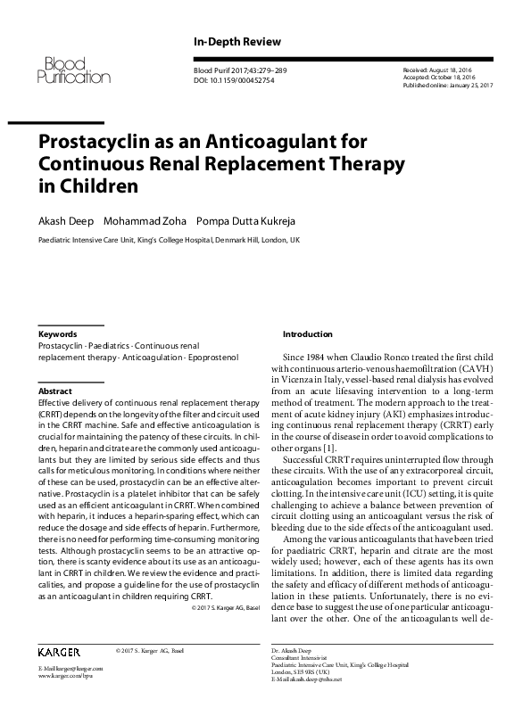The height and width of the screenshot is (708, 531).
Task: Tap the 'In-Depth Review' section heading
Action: click(x=236, y=42)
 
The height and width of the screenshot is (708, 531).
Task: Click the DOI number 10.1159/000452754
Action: click(x=241, y=79)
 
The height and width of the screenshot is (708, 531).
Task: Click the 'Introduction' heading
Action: click(x=307, y=334)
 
